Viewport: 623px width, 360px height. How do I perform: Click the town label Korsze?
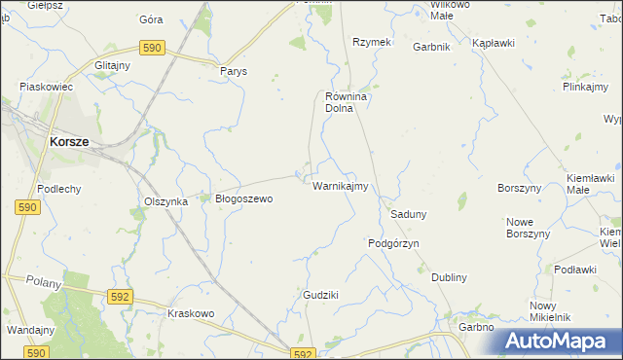(x=68, y=141)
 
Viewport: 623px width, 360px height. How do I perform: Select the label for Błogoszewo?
(x=243, y=198)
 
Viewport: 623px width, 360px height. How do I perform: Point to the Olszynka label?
(x=165, y=201)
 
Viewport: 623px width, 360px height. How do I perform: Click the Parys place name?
(x=234, y=71)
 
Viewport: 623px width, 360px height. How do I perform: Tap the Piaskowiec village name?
(x=47, y=87)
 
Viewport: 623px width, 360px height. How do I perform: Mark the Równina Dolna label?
(x=344, y=102)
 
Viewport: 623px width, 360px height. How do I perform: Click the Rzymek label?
(x=371, y=42)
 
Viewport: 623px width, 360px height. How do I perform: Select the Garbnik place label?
(x=430, y=47)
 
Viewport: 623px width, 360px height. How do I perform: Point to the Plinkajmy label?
(x=585, y=87)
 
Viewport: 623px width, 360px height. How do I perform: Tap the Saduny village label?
(x=409, y=213)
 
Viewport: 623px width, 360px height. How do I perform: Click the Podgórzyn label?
(x=393, y=243)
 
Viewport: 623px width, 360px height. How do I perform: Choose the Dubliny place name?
(x=449, y=277)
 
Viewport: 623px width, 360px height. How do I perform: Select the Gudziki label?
(x=320, y=294)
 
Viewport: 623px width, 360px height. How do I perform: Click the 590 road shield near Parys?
(x=151, y=47)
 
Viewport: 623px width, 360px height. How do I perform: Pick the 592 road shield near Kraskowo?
(x=120, y=297)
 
